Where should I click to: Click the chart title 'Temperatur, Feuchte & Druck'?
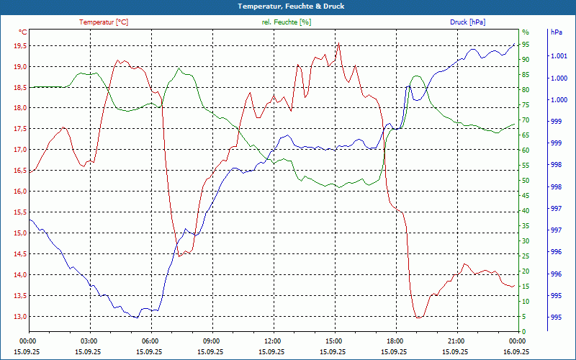coord(288,6)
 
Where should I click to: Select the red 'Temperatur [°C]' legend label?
coord(104,22)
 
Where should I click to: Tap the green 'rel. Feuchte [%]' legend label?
coord(287,22)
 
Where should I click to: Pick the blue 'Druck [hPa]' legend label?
coord(467,22)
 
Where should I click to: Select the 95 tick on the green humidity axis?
coord(526,45)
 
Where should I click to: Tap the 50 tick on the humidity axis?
coord(526,181)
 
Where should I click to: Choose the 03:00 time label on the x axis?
coord(89,341)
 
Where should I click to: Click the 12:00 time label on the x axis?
coord(273,341)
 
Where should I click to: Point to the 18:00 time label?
coord(395,341)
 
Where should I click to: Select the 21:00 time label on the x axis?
coord(456,341)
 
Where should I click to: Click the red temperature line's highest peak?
coord(338,43)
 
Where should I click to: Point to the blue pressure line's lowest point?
coord(137,318)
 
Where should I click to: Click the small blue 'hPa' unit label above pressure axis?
coord(557,32)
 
